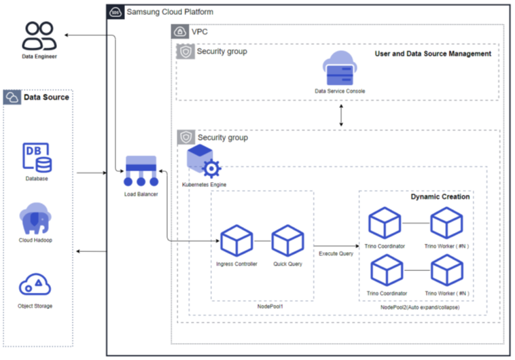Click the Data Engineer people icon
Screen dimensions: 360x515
(x=38, y=36)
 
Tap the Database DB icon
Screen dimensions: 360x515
(x=38, y=158)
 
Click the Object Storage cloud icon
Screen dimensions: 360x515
(x=35, y=284)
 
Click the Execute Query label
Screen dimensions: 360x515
(x=336, y=253)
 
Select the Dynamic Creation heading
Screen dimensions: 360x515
(x=440, y=196)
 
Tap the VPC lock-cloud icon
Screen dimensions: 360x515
(x=179, y=31)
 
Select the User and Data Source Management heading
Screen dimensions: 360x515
(x=433, y=54)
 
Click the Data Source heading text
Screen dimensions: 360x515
(x=46, y=97)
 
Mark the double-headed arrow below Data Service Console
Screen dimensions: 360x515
(x=340, y=116)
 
